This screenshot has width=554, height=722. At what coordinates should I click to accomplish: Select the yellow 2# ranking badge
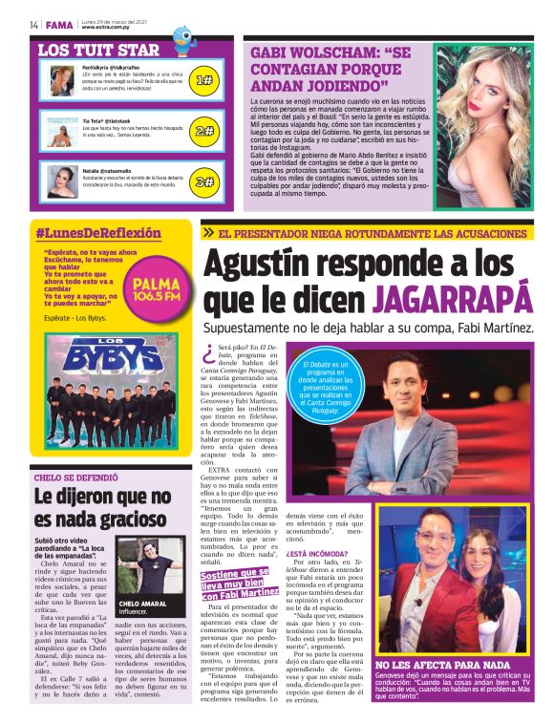pyautogui.click(x=203, y=131)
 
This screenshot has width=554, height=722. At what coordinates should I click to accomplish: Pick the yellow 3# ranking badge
pyautogui.click(x=203, y=180)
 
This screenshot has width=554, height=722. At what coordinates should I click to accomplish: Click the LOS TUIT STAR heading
pyautogui.click(x=97, y=50)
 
